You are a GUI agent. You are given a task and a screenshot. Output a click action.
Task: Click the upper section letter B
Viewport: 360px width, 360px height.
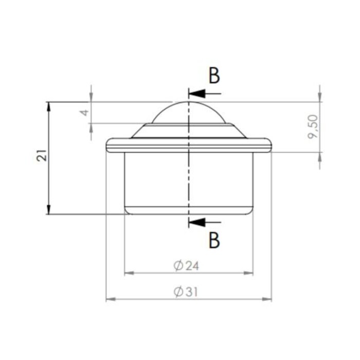point(214,76)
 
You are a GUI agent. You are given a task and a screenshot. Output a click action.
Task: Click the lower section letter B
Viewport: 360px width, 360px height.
point(214,240)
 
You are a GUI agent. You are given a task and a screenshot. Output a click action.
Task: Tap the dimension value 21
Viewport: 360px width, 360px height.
point(43,155)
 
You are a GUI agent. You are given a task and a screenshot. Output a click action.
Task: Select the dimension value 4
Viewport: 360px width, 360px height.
point(85,112)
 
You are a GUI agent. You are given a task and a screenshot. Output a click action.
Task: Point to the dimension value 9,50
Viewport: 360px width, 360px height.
point(313,127)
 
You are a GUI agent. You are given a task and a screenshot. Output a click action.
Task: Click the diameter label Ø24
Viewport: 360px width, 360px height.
point(186,265)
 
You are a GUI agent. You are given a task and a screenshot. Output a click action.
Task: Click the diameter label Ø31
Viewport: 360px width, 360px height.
point(186,292)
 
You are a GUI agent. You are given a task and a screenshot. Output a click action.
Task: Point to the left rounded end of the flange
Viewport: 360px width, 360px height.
point(108,146)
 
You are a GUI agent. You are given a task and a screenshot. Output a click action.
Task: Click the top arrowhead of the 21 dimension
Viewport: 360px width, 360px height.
point(49,106)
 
